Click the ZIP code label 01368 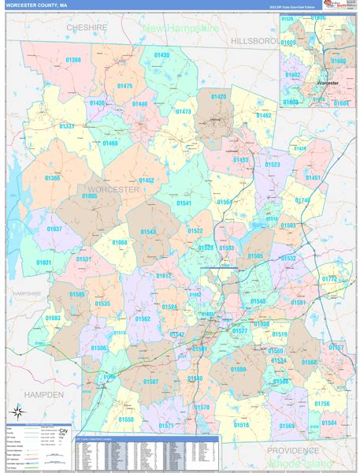click(x=73, y=60)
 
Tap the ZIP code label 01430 click(x=161, y=55)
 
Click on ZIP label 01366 click(x=52, y=178)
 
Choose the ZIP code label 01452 click(x=146, y=181)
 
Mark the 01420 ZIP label click(x=218, y=97)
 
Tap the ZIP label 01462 click(x=263, y=115)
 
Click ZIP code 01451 click(x=313, y=178)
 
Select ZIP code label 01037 click(x=54, y=229)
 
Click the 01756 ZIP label click(x=321, y=404)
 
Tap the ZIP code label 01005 click(x=89, y=196)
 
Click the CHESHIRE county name click(x=87, y=27)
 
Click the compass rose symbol click(x=16, y=412)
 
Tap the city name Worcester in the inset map click(x=327, y=82)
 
